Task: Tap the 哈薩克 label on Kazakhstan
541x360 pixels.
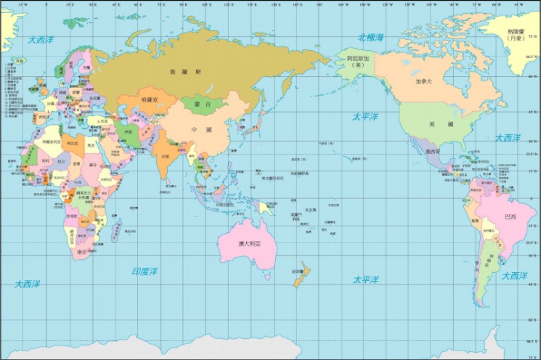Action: (x=150, y=98)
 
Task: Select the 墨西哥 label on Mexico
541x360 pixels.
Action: (x=433, y=152)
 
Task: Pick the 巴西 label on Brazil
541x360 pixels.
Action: (x=511, y=216)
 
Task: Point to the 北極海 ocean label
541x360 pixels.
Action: (x=370, y=37)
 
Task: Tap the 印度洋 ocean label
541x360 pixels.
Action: (x=144, y=271)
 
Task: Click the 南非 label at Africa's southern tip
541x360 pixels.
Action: (x=81, y=251)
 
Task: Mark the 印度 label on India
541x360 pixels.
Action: (x=166, y=156)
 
